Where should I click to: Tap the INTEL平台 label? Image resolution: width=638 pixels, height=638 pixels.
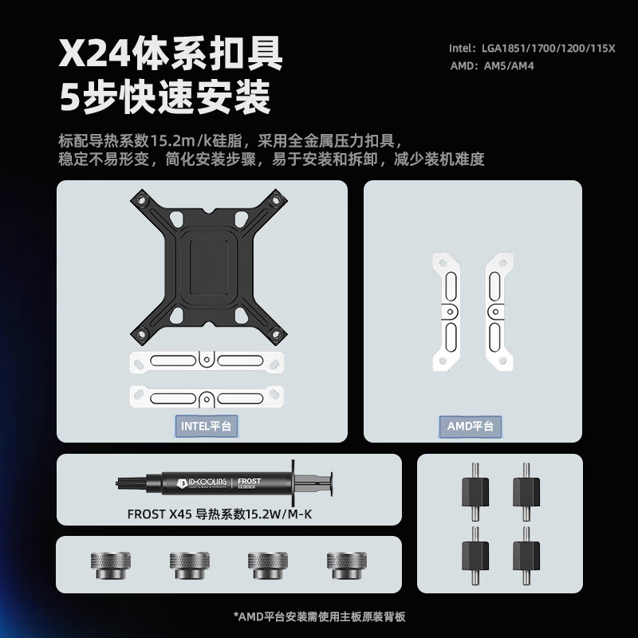click(x=206, y=426)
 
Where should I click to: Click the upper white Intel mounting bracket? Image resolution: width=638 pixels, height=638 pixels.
click(x=207, y=362)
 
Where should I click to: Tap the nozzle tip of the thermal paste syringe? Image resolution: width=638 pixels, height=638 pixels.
click(x=120, y=482)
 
